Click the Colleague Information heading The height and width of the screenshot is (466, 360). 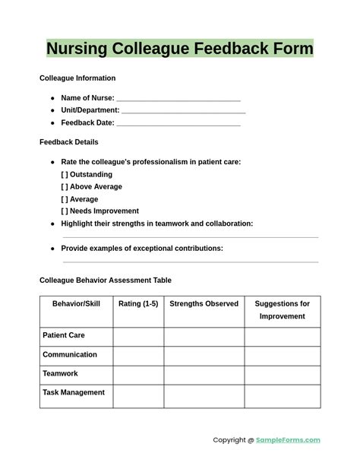point(77,78)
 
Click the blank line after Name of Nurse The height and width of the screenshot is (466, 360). point(178,99)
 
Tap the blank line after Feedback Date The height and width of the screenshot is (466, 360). point(178,123)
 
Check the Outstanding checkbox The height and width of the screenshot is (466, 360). point(65,175)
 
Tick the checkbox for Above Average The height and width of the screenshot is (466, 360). point(65,187)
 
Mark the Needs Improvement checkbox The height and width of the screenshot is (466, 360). point(65,211)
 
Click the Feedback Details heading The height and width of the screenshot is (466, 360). point(68,142)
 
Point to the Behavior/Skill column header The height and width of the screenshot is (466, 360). point(76,304)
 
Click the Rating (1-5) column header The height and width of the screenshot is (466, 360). point(138,304)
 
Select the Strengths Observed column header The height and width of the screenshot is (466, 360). point(204,304)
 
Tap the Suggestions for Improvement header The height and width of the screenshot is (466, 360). point(282,310)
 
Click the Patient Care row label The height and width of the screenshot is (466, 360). point(64,335)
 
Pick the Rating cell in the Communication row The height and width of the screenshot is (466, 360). point(138,355)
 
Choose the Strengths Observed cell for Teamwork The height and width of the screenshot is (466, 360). point(204,374)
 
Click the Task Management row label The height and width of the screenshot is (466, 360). point(74,393)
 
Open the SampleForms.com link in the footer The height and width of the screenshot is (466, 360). point(288,440)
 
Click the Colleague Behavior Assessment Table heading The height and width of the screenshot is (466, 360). point(106,281)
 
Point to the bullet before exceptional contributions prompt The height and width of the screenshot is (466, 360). point(52,249)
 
